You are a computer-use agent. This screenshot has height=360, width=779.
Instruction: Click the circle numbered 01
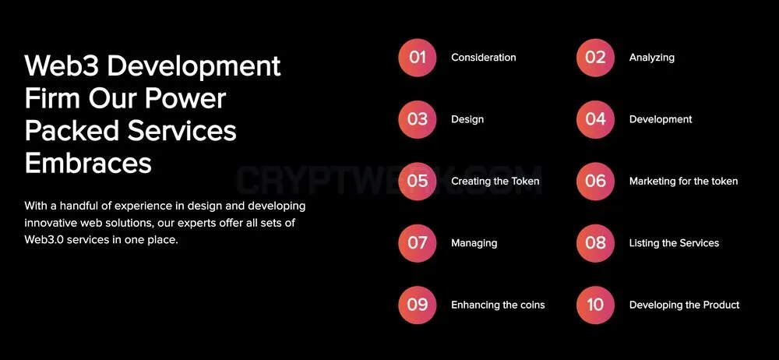coord(418,58)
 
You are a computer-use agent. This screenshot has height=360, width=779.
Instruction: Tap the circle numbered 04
coord(595,119)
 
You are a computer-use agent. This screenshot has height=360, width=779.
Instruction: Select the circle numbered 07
coord(418,243)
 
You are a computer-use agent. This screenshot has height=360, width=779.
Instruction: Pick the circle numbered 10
coord(595,305)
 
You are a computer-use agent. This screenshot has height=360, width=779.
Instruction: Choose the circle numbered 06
coord(595,182)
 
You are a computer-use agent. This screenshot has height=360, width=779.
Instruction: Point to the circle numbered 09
coord(418,305)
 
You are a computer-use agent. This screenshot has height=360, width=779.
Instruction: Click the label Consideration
coord(484,58)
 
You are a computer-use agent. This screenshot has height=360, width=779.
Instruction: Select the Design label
coord(467,120)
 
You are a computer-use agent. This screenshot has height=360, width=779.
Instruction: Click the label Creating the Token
coord(495,182)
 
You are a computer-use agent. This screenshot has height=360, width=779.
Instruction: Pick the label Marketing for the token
coord(684,182)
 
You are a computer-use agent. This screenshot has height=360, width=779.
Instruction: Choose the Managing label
coord(474,244)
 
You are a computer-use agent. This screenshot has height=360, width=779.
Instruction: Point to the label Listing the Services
coord(674,243)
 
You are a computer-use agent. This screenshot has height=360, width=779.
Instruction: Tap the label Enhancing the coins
coord(498,305)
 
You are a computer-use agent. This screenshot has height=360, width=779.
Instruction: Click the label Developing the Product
coord(685,305)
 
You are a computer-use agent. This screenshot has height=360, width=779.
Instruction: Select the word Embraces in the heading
coord(88,163)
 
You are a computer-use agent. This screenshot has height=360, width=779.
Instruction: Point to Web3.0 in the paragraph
coord(44,240)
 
